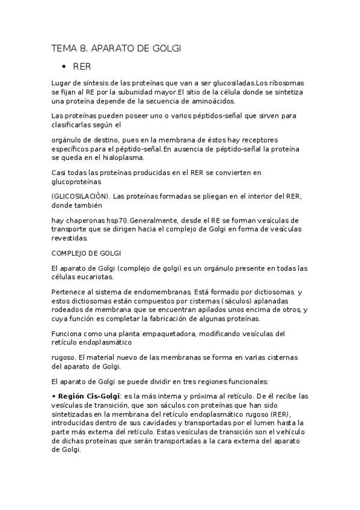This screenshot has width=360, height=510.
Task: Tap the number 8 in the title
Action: coord(82,48)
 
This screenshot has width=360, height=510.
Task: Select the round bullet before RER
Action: coord(63,66)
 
